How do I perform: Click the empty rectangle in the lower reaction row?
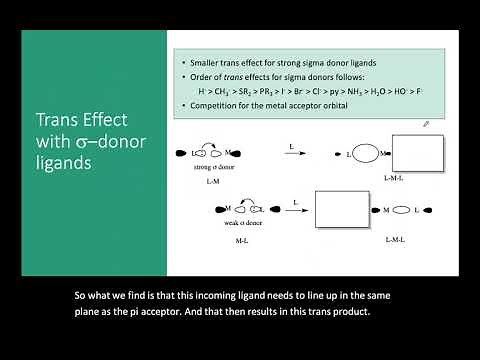click(x=342, y=211)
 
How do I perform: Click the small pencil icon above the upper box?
click(x=426, y=124)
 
